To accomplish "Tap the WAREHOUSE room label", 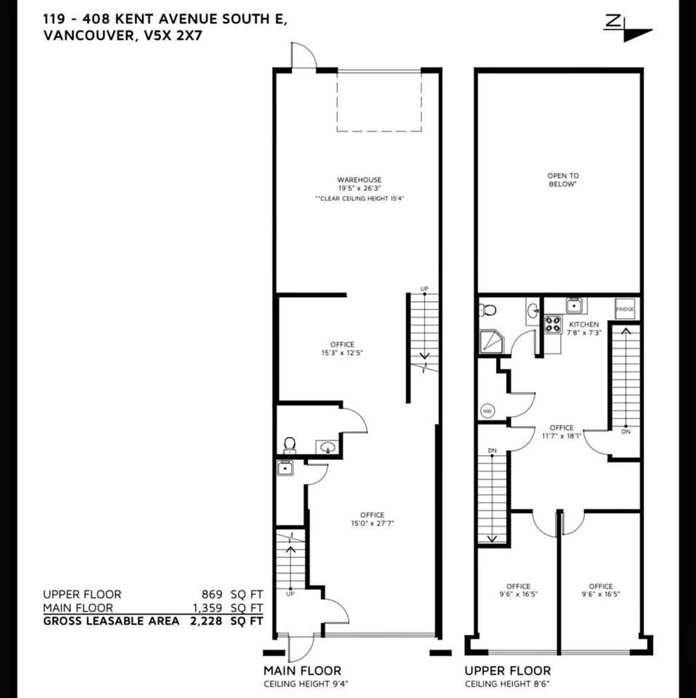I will point(359,180).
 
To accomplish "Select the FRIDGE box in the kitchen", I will point(625,309).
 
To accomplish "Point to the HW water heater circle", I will point(488,411).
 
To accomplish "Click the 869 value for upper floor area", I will point(212,594).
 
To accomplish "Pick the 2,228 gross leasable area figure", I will point(206,621).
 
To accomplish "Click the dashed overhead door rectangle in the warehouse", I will point(379,101).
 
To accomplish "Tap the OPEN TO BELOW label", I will point(563,180).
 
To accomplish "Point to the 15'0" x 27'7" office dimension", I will point(372,523).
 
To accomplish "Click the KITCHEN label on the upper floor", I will point(584,324).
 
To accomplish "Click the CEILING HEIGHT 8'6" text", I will point(507,684).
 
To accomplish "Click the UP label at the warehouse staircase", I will point(424,289).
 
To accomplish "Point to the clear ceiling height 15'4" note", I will point(359,199).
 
